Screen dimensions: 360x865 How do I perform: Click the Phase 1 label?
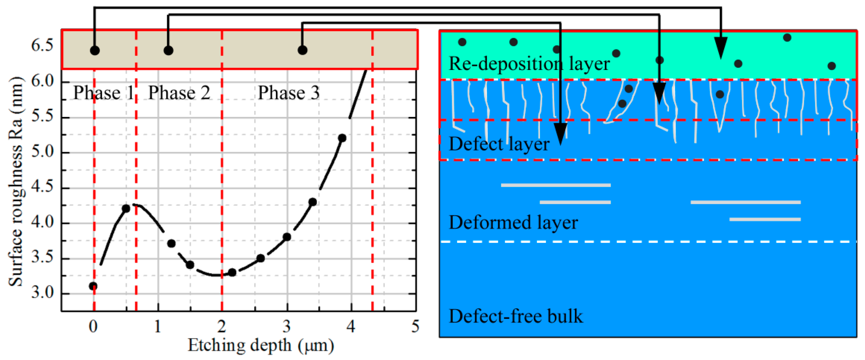click(103, 93)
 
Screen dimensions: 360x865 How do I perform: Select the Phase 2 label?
click(179, 93)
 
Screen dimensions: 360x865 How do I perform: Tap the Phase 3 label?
click(288, 93)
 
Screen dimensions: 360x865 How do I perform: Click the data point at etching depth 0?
click(93, 286)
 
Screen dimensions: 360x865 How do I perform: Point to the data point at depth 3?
click(287, 237)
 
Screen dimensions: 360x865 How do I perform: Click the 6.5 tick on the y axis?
click(42, 45)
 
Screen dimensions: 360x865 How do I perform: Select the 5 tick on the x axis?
click(415, 326)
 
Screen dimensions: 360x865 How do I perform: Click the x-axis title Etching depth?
click(261, 345)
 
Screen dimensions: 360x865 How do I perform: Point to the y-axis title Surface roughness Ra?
click(16, 181)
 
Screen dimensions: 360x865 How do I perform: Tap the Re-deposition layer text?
click(529, 63)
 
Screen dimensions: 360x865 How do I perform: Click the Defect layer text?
click(499, 144)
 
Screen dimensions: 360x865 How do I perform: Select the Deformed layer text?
click(513, 222)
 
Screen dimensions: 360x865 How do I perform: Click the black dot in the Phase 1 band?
click(95, 51)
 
